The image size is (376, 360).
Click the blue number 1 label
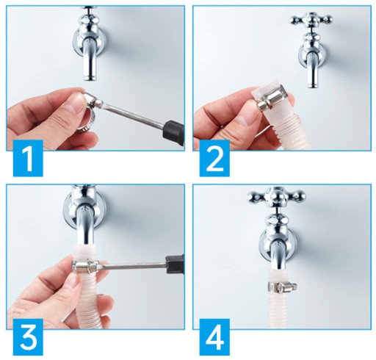[x=28, y=158]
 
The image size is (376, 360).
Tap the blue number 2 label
[x=214, y=158]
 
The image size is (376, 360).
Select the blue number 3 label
[x=28, y=336]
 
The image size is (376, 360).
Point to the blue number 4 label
[x=214, y=336]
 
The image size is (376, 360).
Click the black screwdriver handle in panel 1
[x=175, y=132]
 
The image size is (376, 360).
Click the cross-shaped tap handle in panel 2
[x=311, y=21]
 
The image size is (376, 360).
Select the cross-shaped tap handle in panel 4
[x=277, y=197]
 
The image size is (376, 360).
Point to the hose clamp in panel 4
[x=282, y=286]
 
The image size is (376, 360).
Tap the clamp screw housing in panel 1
[x=92, y=101]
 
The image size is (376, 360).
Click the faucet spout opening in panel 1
[x=90, y=79]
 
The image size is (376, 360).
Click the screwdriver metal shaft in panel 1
[x=133, y=114]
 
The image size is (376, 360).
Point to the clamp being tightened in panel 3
[x=85, y=267]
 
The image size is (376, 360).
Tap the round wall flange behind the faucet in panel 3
[x=84, y=212]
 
